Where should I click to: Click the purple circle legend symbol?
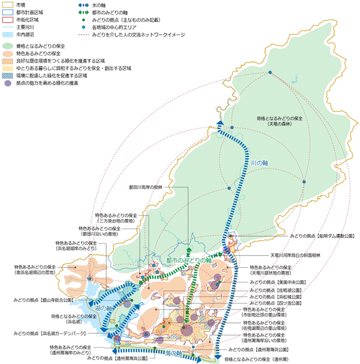(7, 83)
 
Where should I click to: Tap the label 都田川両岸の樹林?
(145, 187)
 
